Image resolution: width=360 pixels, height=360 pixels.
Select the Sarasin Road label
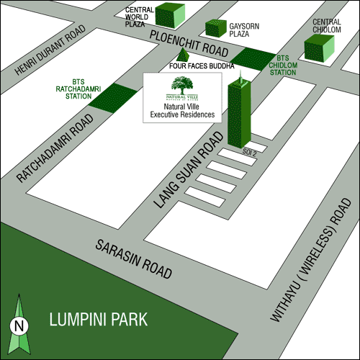click(x=135, y=259)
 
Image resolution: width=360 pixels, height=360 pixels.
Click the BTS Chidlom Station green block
click(x=251, y=58)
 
